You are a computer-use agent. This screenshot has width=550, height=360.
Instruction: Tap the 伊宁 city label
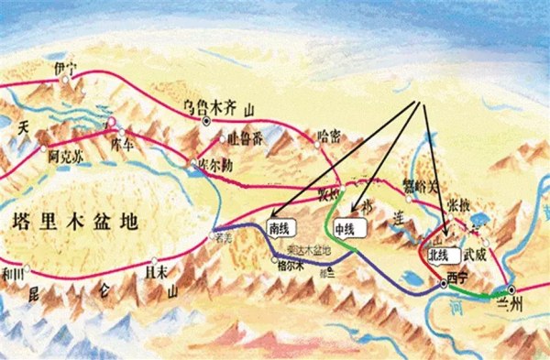tap(65, 68)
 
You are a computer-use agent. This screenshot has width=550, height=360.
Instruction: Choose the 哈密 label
tap(327, 136)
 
